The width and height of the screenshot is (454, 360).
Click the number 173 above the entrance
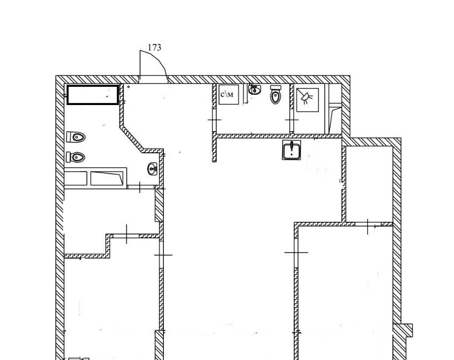(x=154, y=47)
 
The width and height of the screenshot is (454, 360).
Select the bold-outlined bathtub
(x=93, y=95)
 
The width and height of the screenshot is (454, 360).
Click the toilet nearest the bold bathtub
(x=76, y=137)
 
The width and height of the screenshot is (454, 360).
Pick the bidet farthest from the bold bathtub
(x=76, y=157)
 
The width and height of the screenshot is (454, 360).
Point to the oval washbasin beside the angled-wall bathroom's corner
(x=152, y=169)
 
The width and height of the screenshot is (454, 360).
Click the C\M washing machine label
(x=227, y=94)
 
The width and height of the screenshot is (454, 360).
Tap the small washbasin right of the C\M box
(x=255, y=90)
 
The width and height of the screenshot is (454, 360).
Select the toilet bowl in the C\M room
(x=275, y=97)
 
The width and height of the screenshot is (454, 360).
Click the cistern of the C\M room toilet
(x=275, y=88)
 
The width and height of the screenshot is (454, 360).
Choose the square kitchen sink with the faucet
(x=292, y=150)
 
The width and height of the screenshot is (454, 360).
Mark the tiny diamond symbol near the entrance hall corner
(x=129, y=86)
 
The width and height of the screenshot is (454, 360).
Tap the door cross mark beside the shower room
(x=292, y=119)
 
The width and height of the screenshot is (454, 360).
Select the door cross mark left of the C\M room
(x=215, y=119)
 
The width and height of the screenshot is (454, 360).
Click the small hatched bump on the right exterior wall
(x=404, y=330)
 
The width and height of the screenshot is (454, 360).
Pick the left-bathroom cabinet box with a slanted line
(x=107, y=178)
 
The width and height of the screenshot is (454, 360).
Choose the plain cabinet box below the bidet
(x=76, y=178)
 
